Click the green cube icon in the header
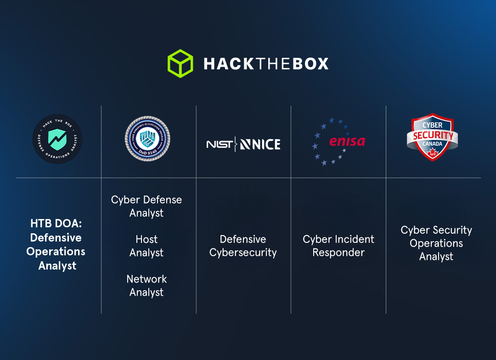[x=180, y=63]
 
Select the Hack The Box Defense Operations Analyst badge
[x=57, y=139]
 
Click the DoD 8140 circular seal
[x=147, y=139]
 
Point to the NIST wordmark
[x=220, y=144]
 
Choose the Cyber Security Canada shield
[x=432, y=137]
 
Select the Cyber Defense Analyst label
[x=147, y=206]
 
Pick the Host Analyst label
[x=147, y=246]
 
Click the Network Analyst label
[x=147, y=285]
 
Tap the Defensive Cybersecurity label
[x=243, y=246]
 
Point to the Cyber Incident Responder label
[x=338, y=246]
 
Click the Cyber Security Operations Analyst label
[x=436, y=243]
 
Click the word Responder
[x=338, y=253]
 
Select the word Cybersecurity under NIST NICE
[x=243, y=253]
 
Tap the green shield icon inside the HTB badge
[x=57, y=139]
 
